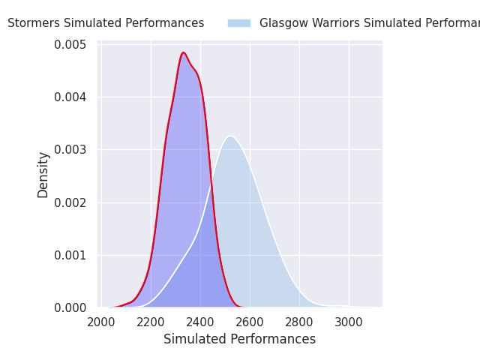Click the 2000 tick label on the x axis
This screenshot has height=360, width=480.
pyautogui.click(x=101, y=322)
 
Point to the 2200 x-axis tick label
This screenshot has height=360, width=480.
pyautogui.click(x=151, y=322)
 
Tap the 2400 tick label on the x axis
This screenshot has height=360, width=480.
pyautogui.click(x=200, y=322)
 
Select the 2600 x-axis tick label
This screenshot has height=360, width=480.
pyautogui.click(x=250, y=322)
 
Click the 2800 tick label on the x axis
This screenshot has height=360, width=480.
pyautogui.click(x=299, y=322)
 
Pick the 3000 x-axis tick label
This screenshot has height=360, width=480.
pyautogui.click(x=349, y=322)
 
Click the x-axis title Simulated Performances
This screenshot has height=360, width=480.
pyautogui.click(x=240, y=339)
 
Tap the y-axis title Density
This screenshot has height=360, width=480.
pyautogui.click(x=43, y=174)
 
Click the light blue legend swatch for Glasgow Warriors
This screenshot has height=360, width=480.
pyautogui.click(x=239, y=23)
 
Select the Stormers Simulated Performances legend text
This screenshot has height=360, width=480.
pyautogui.click(x=106, y=23)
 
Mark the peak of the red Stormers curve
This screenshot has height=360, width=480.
pyautogui.click(x=183, y=52)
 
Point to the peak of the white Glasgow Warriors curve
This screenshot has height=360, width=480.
pyautogui.click(x=231, y=136)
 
